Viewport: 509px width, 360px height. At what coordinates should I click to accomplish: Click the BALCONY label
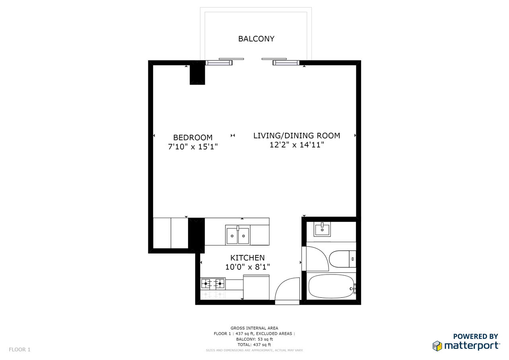(256, 39)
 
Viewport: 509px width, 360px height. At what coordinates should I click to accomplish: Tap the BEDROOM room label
(193, 138)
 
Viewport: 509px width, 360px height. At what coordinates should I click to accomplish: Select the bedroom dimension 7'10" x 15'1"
(193, 147)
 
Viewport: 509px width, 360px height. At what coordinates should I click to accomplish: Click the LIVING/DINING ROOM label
(297, 136)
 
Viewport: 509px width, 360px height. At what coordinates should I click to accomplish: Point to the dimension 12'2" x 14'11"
(297, 145)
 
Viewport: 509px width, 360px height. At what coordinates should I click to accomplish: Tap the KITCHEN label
(247, 258)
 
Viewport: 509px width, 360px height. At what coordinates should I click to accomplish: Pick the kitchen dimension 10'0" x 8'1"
(247, 267)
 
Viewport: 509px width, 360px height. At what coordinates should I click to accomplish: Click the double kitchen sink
(238, 235)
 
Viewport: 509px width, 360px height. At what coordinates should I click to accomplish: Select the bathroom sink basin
(322, 229)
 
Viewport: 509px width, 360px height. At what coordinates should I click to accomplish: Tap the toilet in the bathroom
(342, 259)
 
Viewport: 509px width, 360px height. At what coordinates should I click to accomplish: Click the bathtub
(331, 286)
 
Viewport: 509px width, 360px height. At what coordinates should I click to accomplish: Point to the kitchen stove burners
(213, 284)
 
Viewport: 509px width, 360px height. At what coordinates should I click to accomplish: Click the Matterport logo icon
(437, 346)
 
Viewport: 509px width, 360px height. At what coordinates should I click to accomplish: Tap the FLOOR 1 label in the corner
(19, 350)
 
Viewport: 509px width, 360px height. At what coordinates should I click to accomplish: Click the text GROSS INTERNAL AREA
(254, 328)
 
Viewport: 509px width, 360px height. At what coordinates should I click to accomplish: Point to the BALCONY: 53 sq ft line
(254, 339)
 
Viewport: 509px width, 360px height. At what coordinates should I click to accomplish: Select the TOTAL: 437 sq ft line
(254, 344)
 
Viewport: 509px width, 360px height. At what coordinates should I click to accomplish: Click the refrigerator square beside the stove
(256, 288)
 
